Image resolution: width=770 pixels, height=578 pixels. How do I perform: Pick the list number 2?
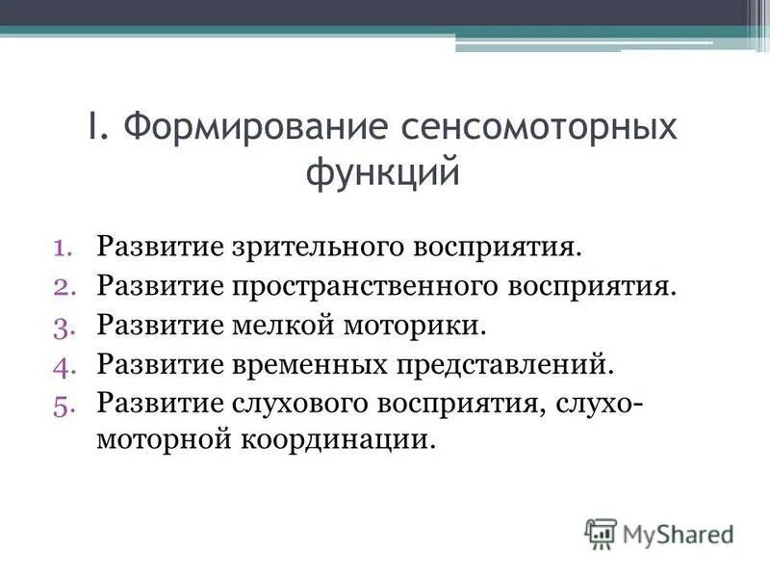point(75,287)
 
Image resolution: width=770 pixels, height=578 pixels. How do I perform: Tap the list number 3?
point(75,325)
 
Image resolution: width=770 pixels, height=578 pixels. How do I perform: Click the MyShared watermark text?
point(677,533)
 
